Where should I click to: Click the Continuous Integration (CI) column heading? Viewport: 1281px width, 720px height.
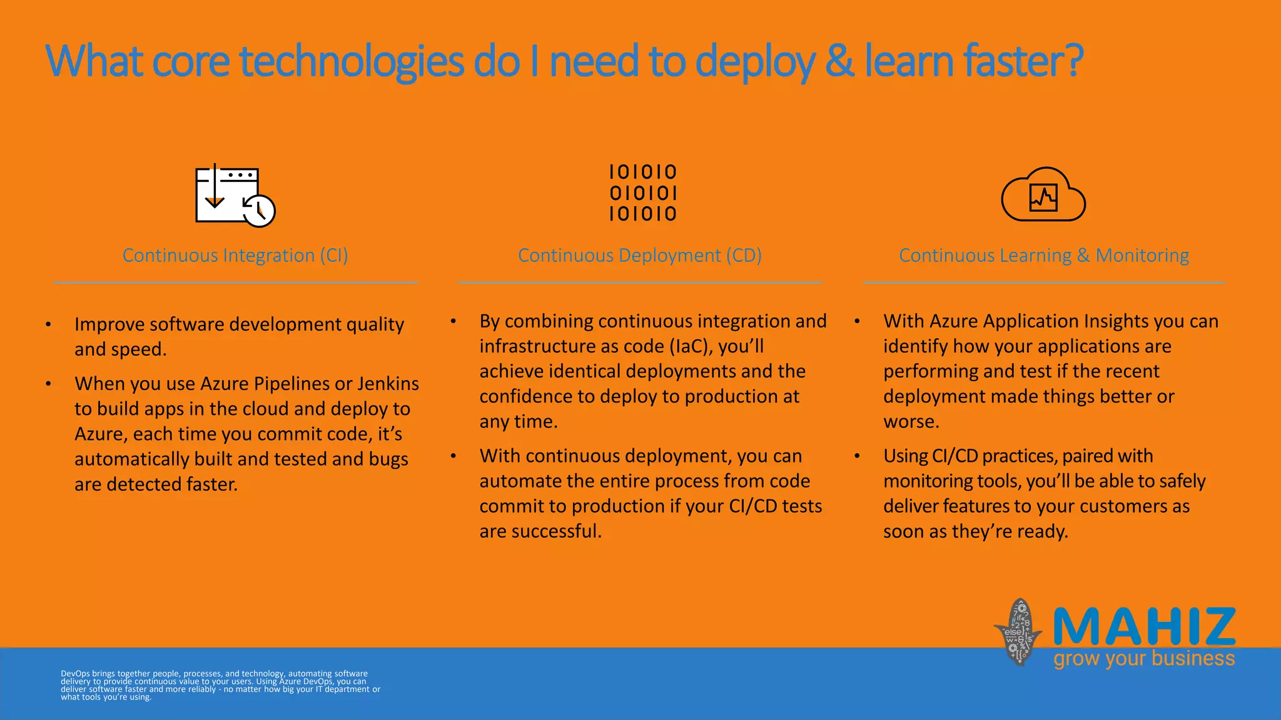pyautogui.click(x=235, y=256)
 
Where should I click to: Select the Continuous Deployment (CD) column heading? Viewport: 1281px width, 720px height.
pyautogui.click(x=639, y=256)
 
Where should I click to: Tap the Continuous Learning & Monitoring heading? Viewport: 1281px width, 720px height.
pyautogui.click(x=1043, y=256)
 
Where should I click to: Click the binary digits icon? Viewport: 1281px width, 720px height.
pyautogui.click(x=643, y=193)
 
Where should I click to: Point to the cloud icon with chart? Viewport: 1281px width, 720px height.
pyautogui.click(x=1043, y=195)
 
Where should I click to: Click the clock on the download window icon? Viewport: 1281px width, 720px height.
pyautogui.click(x=259, y=211)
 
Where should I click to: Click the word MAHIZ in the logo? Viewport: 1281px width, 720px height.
pyautogui.click(x=1144, y=627)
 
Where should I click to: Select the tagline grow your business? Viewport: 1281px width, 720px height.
pyautogui.click(x=1144, y=659)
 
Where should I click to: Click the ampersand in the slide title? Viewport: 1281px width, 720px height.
pyautogui.click(x=839, y=61)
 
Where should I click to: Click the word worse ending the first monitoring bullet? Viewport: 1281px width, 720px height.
pyautogui.click(x=910, y=422)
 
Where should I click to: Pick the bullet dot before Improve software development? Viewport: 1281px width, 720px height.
pyautogui.click(x=48, y=324)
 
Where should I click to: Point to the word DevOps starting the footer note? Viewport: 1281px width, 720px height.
pyautogui.click(x=75, y=674)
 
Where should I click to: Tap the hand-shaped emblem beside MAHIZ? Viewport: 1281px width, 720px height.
pyautogui.click(x=1018, y=631)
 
